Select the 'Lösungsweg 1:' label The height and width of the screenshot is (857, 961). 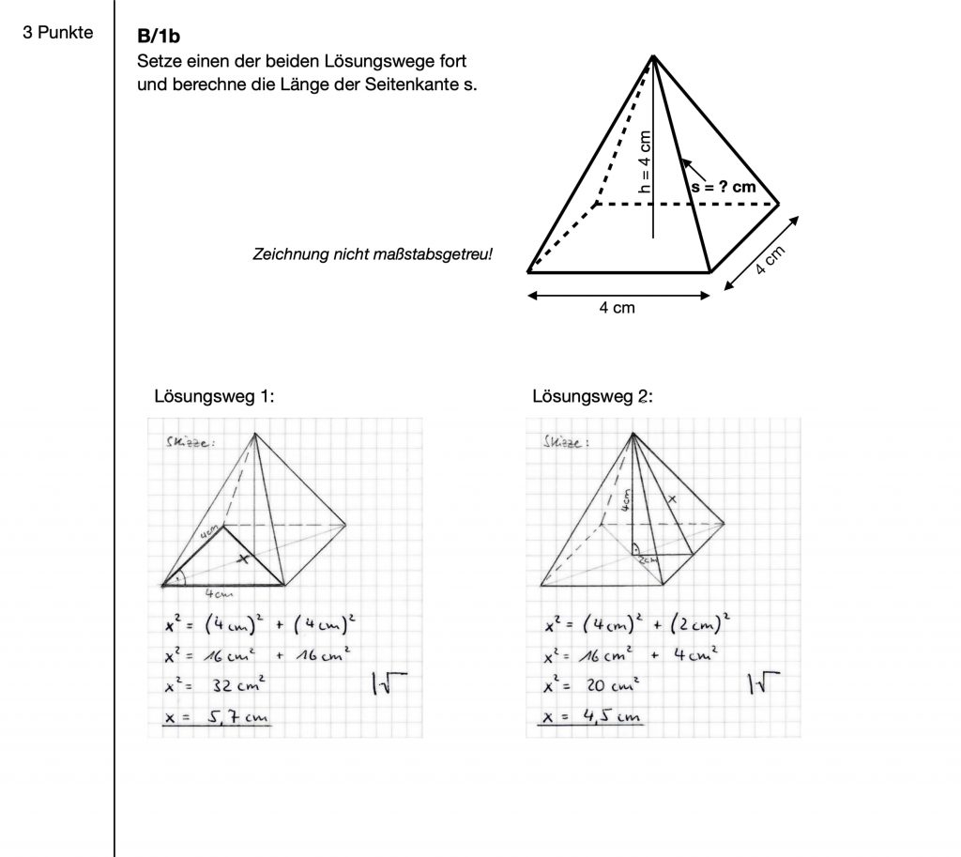[214, 396]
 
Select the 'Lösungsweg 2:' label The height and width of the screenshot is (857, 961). [592, 396]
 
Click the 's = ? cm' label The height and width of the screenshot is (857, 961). [723, 187]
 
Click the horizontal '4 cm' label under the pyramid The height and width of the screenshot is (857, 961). [617, 308]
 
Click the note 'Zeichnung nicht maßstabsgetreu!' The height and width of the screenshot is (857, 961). [373, 254]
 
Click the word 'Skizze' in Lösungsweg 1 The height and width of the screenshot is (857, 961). [185, 442]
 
